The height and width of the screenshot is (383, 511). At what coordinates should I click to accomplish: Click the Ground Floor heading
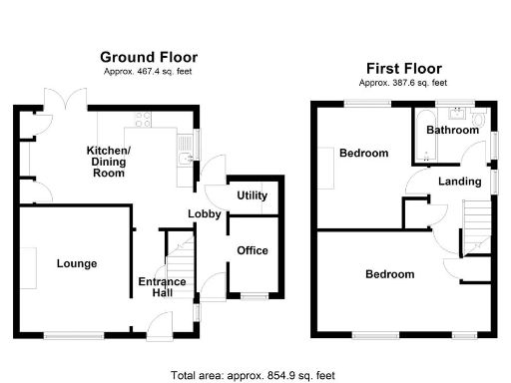150,58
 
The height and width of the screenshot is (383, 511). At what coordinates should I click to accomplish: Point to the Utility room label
252,195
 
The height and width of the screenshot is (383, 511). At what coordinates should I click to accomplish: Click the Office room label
252,250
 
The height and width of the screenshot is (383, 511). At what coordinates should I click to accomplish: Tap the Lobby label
206,214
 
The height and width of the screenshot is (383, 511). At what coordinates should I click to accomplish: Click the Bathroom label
450,131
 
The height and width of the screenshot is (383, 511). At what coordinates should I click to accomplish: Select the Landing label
459,182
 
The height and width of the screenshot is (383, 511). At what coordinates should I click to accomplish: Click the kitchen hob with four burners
142,124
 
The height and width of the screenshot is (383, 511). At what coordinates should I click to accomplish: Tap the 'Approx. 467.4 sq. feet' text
150,71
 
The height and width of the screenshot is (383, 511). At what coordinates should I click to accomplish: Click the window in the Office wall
251,295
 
